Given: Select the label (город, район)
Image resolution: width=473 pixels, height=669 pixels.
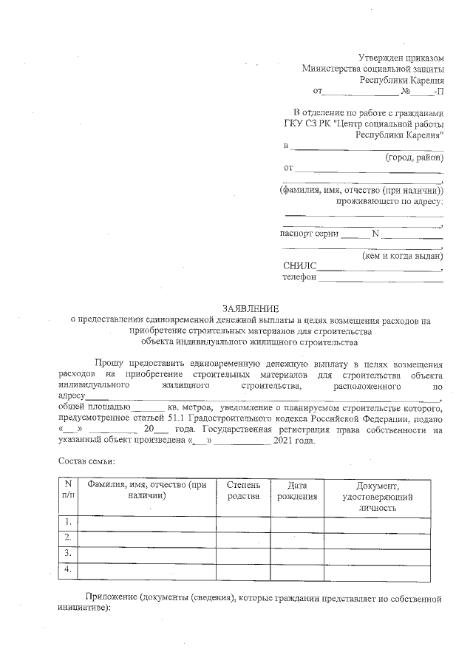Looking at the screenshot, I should click(x=414, y=157).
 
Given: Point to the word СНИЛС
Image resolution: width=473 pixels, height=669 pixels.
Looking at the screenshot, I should click(x=299, y=266).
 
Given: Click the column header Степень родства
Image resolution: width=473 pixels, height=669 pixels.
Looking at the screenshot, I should click(x=243, y=490).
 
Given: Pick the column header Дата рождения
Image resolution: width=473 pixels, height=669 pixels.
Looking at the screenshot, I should click(x=297, y=490).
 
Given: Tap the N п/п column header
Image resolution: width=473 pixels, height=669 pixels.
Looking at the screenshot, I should click(x=68, y=490).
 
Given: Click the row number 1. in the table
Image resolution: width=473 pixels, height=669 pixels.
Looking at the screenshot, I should click(x=68, y=523).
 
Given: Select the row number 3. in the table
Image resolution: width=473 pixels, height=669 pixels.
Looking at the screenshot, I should click(x=68, y=553).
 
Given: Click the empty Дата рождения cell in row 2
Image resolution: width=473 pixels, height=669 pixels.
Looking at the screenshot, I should click(x=297, y=537).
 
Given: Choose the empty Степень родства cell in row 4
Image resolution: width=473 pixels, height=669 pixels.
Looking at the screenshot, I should click(x=243, y=569).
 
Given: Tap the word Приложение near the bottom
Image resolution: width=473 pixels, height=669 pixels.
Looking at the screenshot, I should click(x=109, y=597).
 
